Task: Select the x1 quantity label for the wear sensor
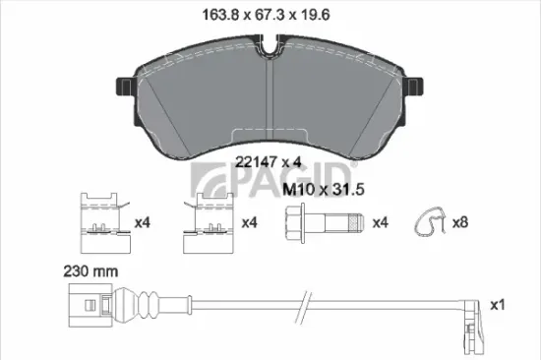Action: coord(498,306)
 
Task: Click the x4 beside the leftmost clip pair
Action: coord(141,223)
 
